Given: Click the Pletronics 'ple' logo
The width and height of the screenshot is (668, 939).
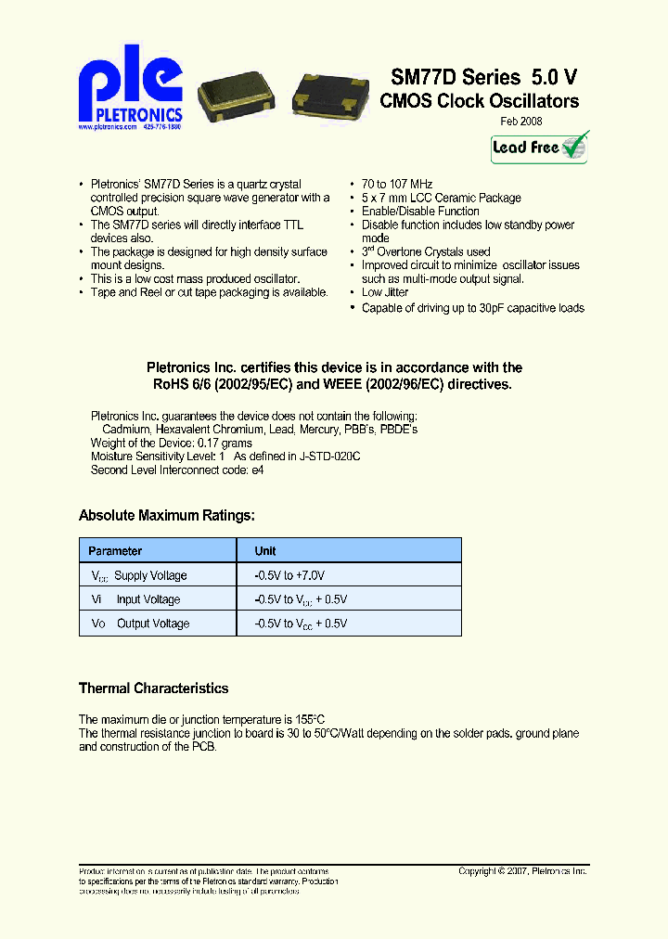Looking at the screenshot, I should [130, 89].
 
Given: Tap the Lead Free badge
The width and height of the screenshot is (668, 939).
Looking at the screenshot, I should [539, 148].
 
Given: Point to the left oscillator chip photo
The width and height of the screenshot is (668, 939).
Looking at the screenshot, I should [240, 96].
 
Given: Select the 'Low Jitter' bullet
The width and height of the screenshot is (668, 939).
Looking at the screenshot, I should [384, 292].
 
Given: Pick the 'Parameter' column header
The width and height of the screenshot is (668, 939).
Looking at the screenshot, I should [116, 551].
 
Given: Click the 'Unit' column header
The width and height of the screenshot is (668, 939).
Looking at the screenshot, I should [265, 551].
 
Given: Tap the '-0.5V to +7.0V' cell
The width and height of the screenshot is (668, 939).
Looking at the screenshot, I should [290, 576].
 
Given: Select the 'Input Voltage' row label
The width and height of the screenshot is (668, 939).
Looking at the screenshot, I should [148, 600].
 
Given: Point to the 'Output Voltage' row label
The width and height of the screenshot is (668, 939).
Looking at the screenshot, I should [152, 624].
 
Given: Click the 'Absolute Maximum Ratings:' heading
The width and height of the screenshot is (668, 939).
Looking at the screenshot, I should [166, 516].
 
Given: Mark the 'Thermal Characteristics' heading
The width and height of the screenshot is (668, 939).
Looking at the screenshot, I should [153, 688].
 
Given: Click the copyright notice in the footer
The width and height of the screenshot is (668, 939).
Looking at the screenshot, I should [523, 871].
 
